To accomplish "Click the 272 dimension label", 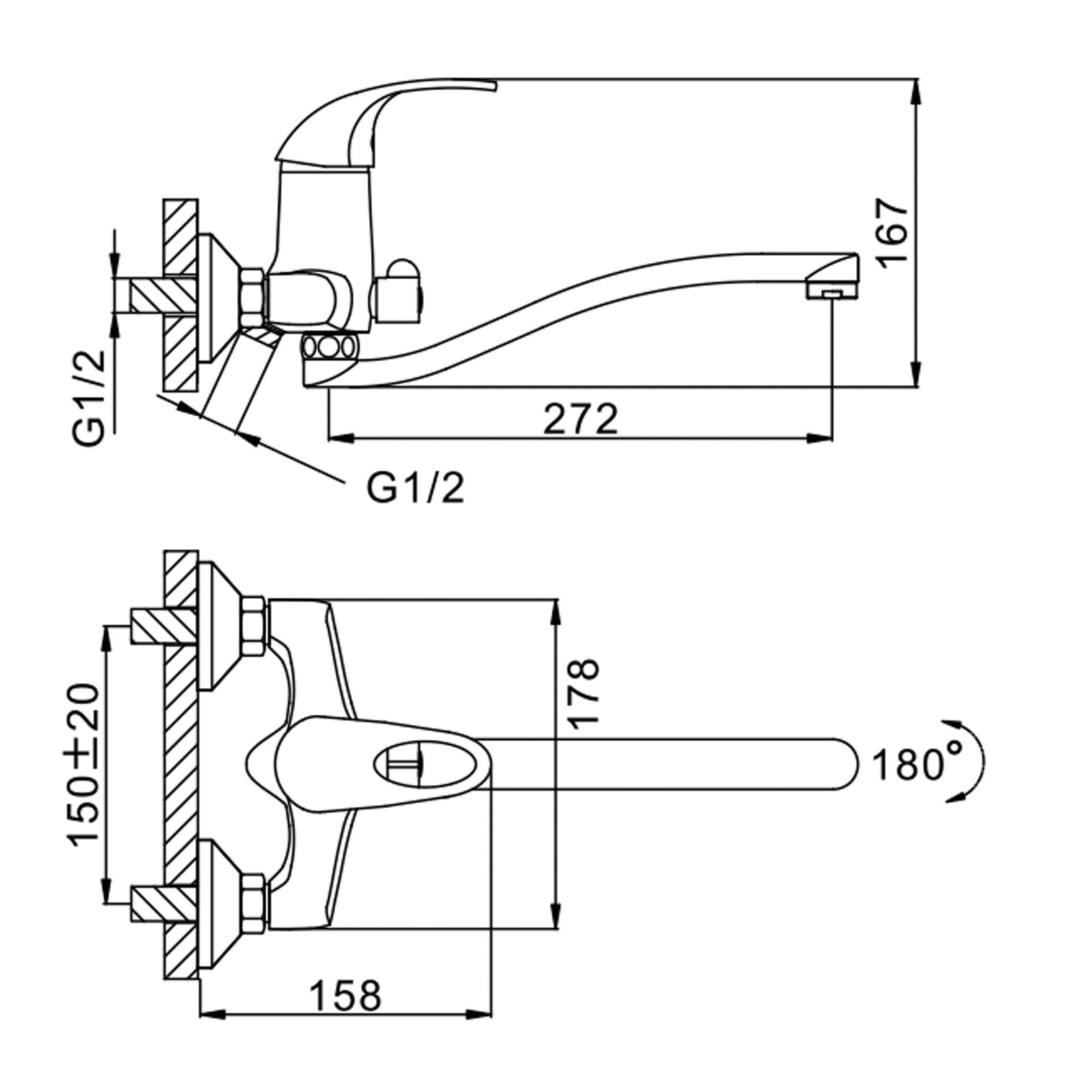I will tap(580, 419).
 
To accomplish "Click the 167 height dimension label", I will tap(894, 233).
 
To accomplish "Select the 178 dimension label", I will tap(583, 693).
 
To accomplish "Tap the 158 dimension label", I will tap(345, 997).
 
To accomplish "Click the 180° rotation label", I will tap(917, 765).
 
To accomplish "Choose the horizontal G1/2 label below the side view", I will tap(416, 489).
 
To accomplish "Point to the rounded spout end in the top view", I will tap(843, 763).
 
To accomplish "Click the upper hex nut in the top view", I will tap(253, 624).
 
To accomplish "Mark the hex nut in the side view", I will tap(253, 296).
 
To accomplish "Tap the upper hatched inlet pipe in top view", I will tap(163, 625).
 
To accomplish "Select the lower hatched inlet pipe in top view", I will tap(163, 904).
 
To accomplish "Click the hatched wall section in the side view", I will tap(180, 295).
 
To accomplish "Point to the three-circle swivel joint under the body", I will tap(329, 347).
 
